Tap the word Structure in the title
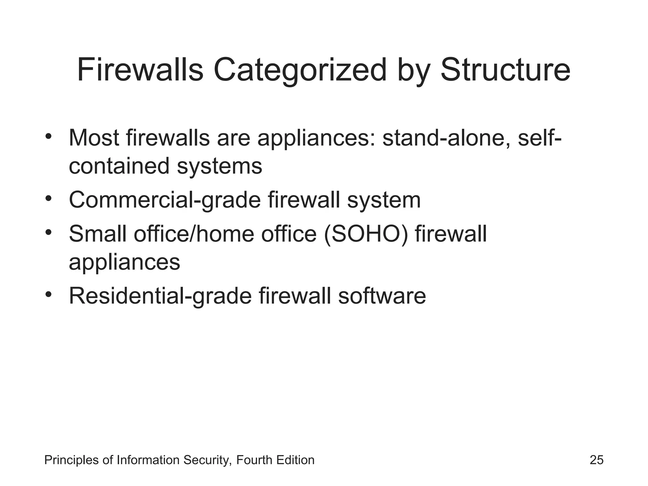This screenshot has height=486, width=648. pyautogui.click(x=505, y=70)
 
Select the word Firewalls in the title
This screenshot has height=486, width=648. pyautogui.click(x=140, y=70)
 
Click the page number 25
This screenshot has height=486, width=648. pyautogui.click(x=596, y=460)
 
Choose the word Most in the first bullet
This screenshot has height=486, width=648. pyautogui.click(x=94, y=138)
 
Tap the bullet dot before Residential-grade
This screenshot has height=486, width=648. pyautogui.click(x=48, y=295)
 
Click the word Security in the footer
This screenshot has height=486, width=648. pyautogui.click(x=206, y=460)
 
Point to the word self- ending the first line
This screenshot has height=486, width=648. pyautogui.click(x=539, y=138)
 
